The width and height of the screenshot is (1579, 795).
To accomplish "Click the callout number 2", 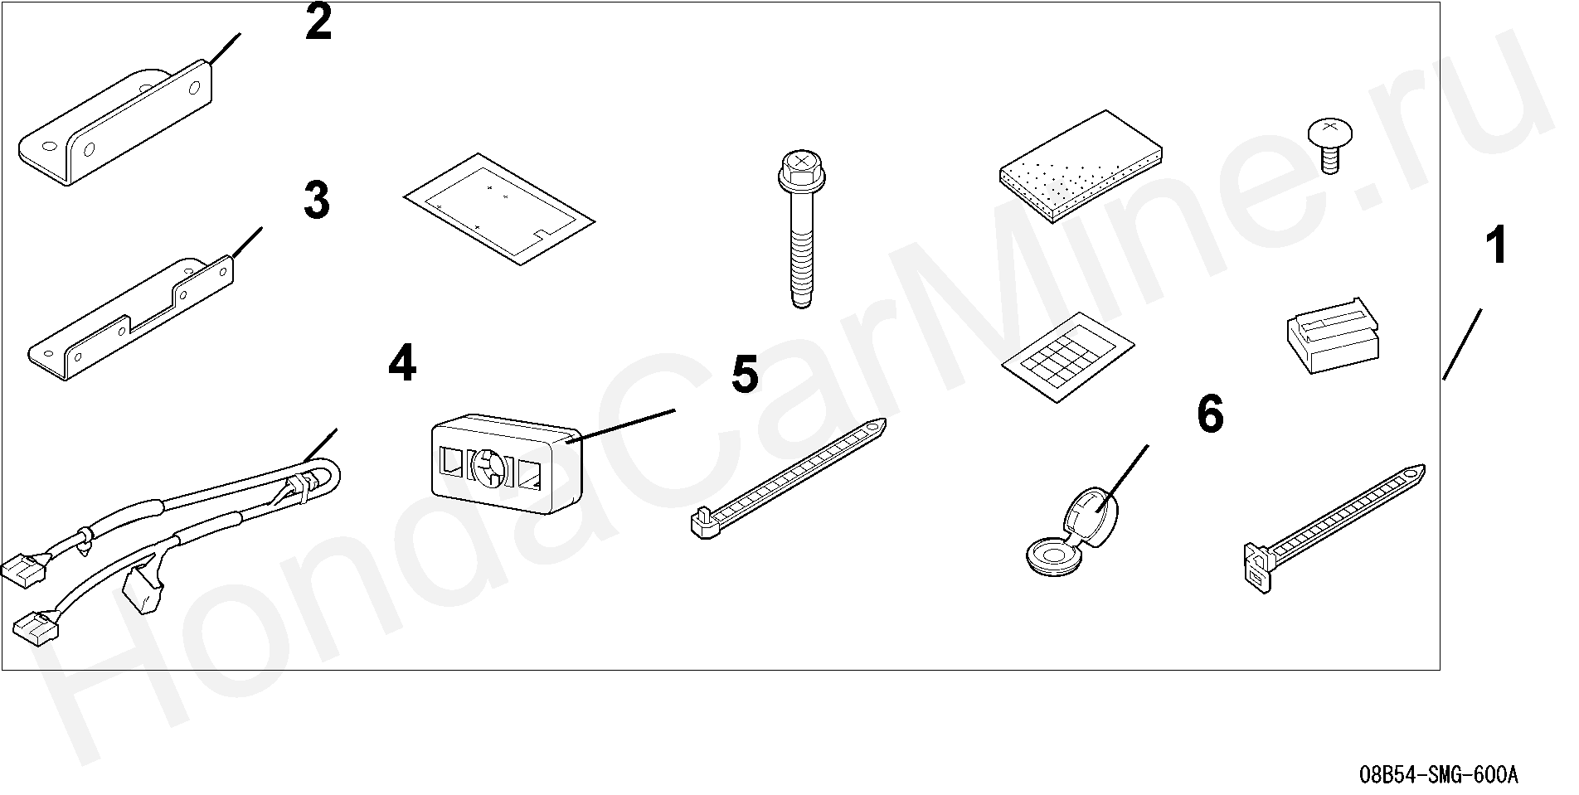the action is tap(318, 22).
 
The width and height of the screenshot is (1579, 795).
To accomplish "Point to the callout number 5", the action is tap(745, 375).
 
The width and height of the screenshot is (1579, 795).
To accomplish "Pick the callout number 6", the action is tap(1210, 414).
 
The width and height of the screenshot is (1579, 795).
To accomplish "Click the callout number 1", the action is tap(1496, 246).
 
